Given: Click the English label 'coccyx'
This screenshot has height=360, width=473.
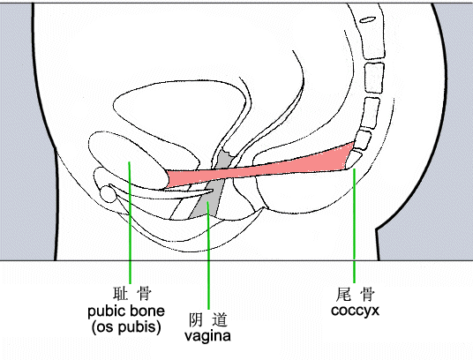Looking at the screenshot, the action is [355, 311].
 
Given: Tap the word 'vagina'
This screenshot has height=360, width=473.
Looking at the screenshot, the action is [207, 336].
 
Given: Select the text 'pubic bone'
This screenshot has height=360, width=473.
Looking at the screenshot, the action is [126, 311].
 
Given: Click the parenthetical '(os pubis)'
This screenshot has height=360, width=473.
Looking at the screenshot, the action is [126, 327].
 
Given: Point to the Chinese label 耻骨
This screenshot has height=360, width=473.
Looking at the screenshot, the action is [131, 293].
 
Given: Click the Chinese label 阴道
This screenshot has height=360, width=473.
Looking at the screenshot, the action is [208, 320].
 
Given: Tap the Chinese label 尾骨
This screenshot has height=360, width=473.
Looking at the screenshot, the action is [355, 295].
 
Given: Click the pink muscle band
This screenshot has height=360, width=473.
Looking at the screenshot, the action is [259, 169].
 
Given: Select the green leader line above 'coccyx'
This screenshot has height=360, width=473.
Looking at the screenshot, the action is [355, 226].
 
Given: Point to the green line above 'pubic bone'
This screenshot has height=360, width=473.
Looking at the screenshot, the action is [130, 222].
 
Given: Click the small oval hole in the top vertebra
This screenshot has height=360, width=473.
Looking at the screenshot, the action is [368, 19].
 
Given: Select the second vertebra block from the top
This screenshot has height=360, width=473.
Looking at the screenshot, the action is [374, 78].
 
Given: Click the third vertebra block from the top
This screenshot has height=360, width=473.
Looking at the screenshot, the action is [370, 113].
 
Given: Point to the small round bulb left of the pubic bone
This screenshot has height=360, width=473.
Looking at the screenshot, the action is [108, 194].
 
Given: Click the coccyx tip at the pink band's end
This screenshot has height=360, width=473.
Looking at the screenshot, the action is [353, 160].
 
